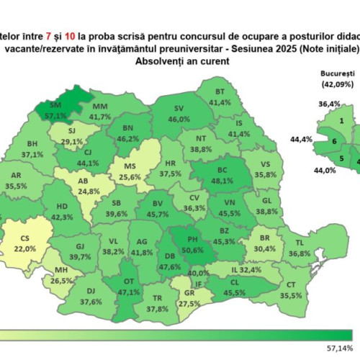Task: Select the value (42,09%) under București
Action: pyautogui.click(x=336, y=84)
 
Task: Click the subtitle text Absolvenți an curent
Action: pyautogui.click(x=175, y=62)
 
